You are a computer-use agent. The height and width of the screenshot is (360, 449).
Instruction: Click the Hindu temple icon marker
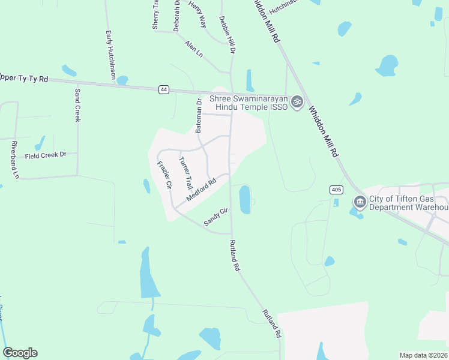point(296,103)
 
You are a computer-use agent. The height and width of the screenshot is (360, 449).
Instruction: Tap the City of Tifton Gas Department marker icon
point(360,202)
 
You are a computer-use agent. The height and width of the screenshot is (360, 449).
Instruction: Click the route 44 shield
point(163,89)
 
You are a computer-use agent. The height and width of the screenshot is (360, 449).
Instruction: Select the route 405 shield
point(336,190)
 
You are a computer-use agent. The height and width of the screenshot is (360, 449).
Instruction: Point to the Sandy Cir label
point(217,217)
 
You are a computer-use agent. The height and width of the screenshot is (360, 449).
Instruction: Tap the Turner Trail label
point(185,173)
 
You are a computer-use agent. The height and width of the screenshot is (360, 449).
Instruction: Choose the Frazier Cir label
point(164,175)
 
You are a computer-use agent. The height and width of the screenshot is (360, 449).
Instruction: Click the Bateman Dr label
point(199,116)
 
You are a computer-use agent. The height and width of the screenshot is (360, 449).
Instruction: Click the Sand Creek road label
point(77,105)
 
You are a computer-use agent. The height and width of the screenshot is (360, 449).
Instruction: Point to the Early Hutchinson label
point(110,55)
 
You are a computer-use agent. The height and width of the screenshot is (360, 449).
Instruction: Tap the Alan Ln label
point(194,49)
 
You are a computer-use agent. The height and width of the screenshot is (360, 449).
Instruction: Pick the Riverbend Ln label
point(15,160)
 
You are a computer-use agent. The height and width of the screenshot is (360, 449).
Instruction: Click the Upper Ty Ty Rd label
point(24,78)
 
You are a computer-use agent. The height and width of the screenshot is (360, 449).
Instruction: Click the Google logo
point(20,353)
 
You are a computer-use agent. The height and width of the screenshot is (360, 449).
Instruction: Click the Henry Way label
point(197,13)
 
